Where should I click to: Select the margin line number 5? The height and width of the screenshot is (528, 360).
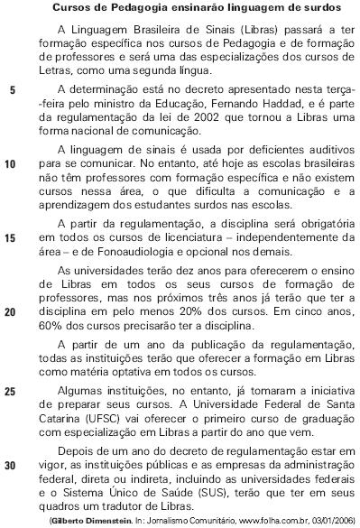(11, 91)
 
